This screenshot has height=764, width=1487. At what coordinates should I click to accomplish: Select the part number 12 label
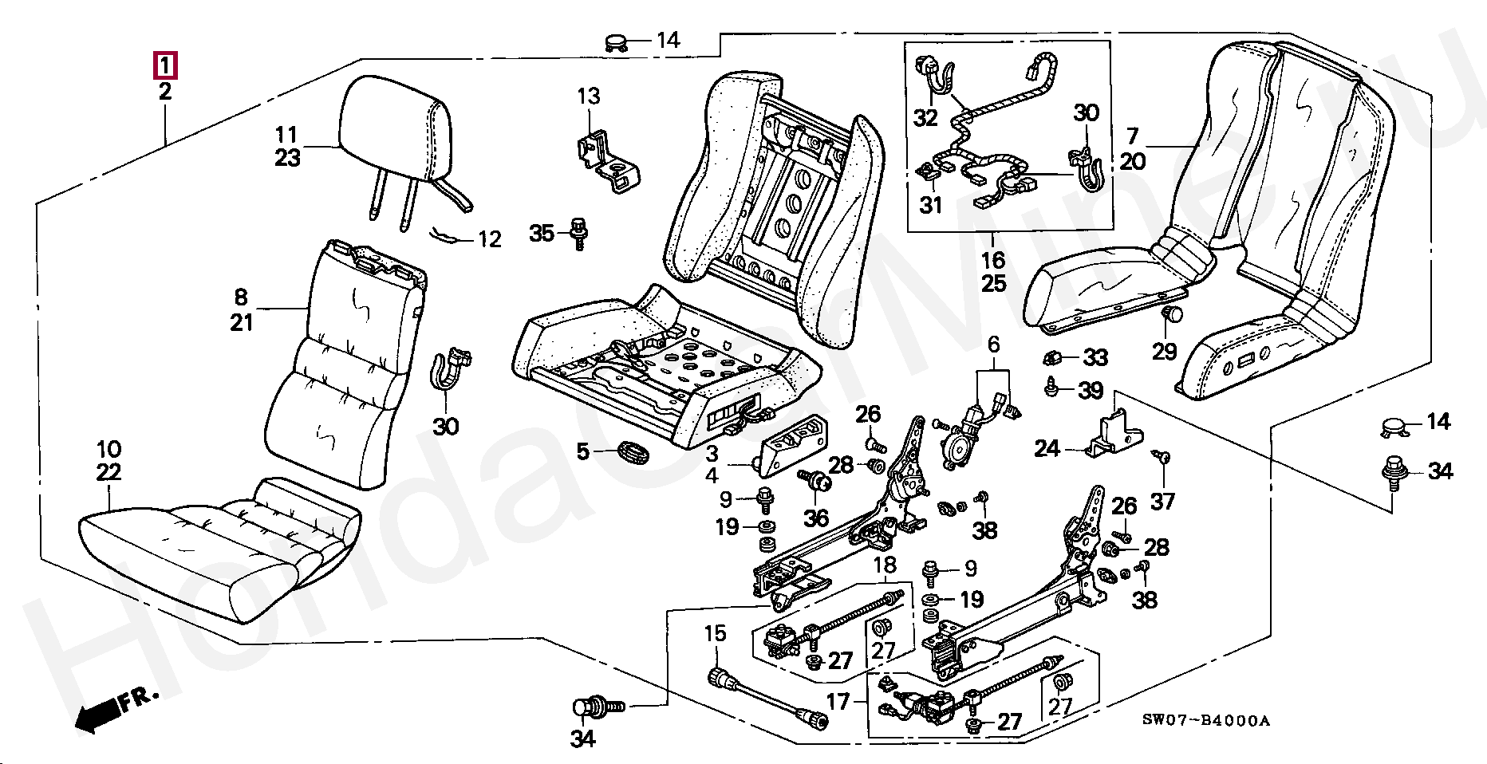coord(489,238)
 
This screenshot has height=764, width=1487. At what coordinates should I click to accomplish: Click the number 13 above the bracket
coord(588,97)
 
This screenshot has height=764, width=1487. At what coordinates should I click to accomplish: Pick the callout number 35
coord(542,234)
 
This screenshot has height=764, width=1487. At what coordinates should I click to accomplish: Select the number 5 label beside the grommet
coord(583,452)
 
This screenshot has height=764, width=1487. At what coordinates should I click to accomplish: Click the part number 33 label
coord(1095,358)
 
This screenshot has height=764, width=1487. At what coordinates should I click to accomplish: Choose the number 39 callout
coord(1091,391)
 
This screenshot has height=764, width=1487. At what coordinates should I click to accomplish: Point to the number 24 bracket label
coord(1047,450)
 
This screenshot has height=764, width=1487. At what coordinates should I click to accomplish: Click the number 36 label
coord(815,518)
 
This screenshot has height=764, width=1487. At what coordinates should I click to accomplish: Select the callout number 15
coord(715,634)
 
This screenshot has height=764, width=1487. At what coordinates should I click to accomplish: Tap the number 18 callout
coord(885,566)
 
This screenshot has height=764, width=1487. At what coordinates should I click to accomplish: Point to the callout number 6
coord(993,345)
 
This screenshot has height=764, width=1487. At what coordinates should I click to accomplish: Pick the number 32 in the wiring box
coord(925,118)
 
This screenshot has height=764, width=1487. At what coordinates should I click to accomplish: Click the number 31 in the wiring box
coord(931,205)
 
